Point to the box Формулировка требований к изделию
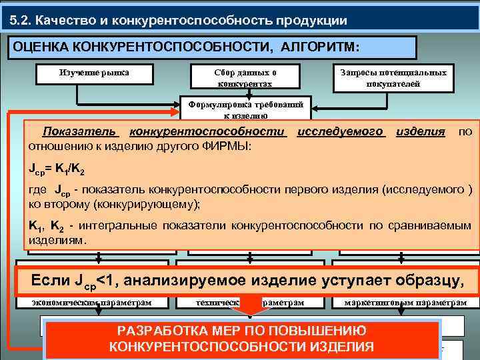click(246, 109)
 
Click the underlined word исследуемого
click(341, 131)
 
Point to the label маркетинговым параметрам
click(405, 302)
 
